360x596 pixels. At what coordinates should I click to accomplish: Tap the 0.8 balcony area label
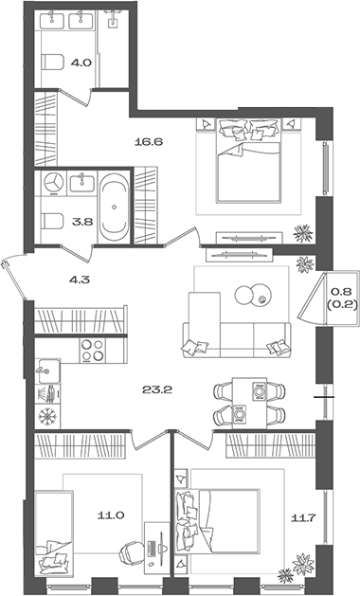338,285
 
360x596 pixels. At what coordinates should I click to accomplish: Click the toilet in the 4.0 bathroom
53,63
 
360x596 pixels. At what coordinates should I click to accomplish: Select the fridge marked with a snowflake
45,415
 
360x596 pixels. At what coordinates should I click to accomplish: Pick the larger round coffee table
246,294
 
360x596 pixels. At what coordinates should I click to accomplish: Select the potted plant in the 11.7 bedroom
302,567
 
